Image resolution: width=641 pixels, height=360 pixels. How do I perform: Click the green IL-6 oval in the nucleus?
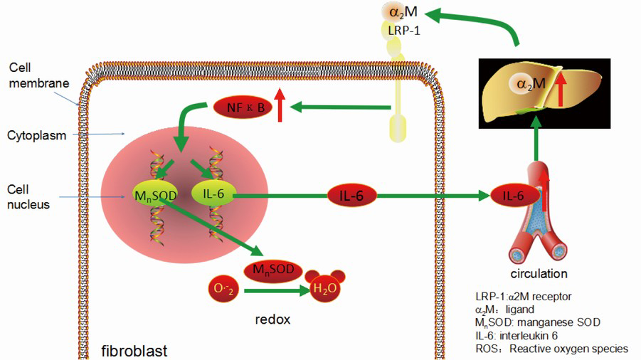tap(212, 194)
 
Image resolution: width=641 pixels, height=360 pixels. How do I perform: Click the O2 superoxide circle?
tap(221, 289)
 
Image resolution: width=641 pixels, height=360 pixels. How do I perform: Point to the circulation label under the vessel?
tap(539, 273)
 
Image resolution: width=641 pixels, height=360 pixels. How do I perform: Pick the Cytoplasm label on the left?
tap(37, 134)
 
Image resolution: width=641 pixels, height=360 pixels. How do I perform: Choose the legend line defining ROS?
tap(551, 349)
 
